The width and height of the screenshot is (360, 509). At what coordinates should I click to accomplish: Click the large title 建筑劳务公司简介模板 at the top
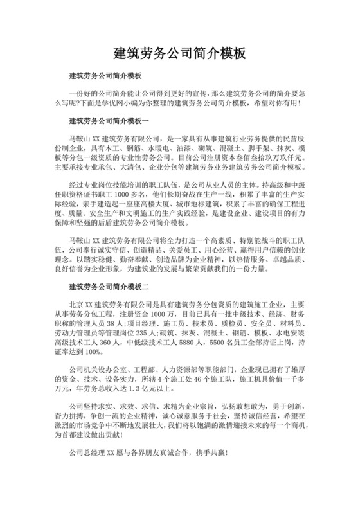coord(179,53)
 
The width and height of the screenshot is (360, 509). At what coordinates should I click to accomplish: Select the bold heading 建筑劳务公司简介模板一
coord(109,120)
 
